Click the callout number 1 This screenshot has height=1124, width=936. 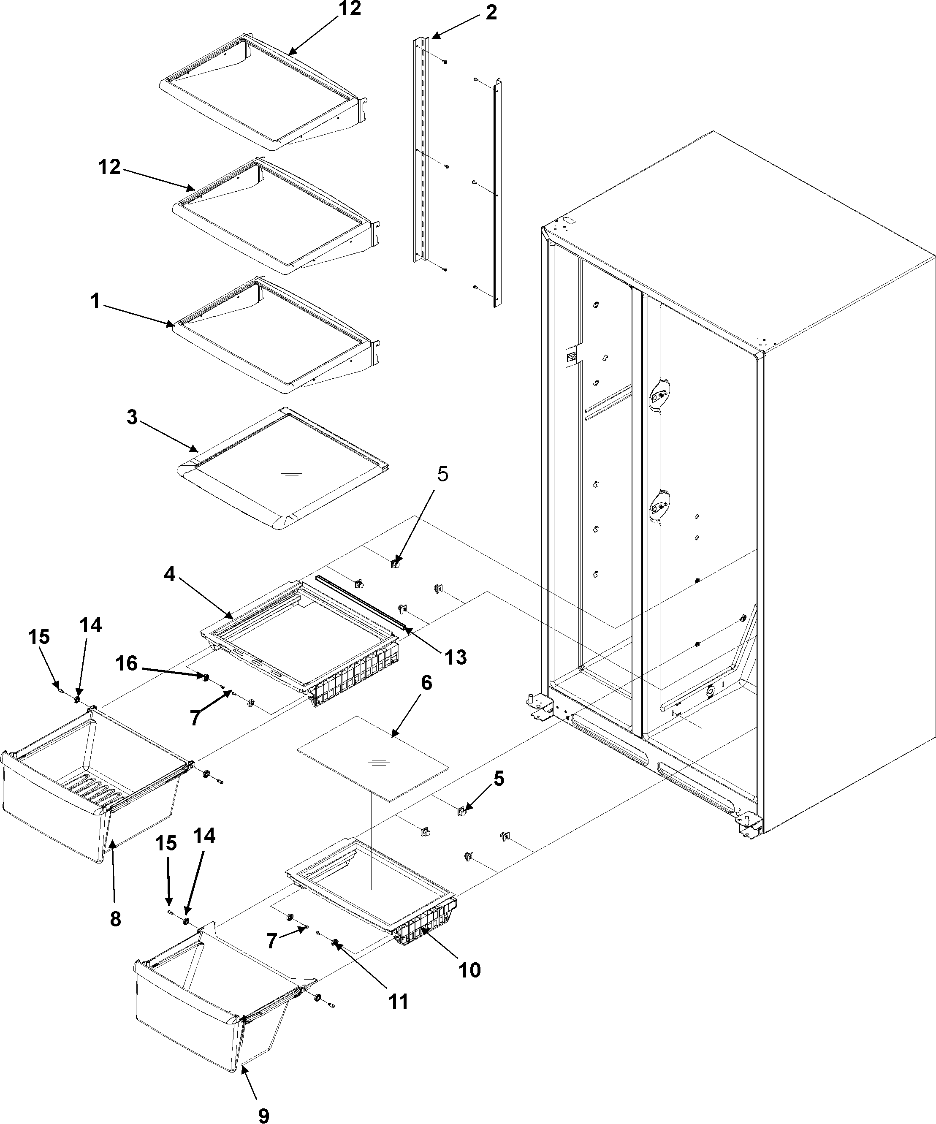[95, 302]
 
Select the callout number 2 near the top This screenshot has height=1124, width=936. [491, 12]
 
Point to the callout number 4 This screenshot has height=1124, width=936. [170, 574]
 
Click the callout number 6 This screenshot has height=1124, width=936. [426, 684]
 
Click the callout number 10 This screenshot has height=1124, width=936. [469, 970]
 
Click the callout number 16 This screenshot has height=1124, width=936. [127, 664]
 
